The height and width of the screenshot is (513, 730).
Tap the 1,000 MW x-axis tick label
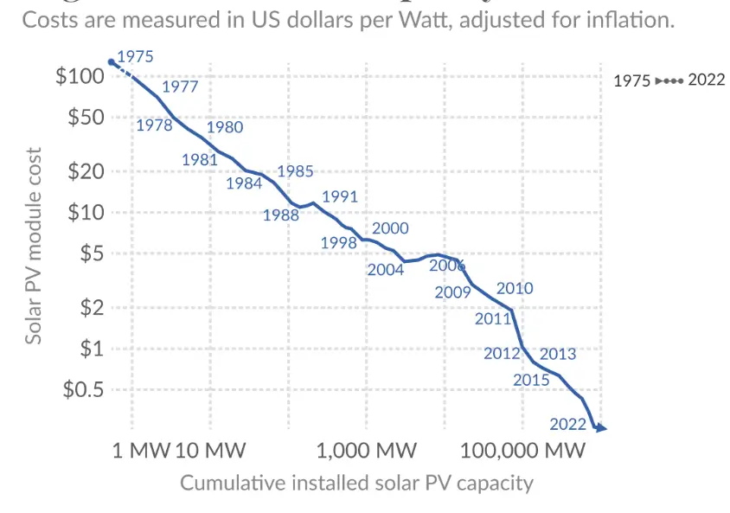[367, 451]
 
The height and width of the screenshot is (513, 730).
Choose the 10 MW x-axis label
[211, 451]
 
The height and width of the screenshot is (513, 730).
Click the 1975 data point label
[134, 56]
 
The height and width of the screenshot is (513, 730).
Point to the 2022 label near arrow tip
[567, 424]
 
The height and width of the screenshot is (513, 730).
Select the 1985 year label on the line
[295, 171]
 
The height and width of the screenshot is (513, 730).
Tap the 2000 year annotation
[390, 228]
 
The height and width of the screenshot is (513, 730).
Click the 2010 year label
[515, 288]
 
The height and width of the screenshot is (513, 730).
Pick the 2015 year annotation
[531, 380]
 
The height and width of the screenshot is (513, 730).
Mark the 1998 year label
[338, 243]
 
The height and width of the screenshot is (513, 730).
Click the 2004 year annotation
[385, 269]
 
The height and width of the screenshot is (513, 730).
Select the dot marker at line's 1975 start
[111, 61]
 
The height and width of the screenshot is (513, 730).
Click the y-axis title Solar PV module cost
[33, 246]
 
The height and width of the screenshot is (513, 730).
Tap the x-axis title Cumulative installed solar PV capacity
[356, 483]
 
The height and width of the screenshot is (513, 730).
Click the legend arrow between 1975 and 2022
[669, 80]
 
